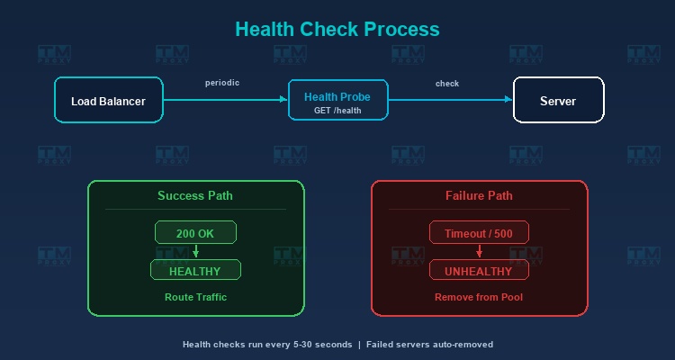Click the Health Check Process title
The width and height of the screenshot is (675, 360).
point(337,30)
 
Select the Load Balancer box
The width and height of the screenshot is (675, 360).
point(109,100)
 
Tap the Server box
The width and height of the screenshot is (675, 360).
point(558,100)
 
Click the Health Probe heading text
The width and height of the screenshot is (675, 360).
point(337,97)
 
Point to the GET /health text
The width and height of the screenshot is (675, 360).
point(337,111)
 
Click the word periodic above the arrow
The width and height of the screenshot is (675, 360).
point(222,83)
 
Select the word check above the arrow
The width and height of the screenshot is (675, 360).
point(447,84)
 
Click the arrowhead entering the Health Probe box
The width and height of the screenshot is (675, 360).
point(283,100)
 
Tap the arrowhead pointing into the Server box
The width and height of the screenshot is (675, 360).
point(508,100)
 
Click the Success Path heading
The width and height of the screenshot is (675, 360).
point(195,195)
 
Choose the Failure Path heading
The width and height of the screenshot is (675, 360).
point(479,195)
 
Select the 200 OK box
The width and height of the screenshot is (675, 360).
point(195,232)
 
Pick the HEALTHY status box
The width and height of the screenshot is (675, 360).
point(195,270)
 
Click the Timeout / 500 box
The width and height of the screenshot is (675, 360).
point(479,232)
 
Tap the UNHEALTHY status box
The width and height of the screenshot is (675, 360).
point(479,270)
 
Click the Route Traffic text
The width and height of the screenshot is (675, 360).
point(196,297)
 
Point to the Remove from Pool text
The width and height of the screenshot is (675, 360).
point(479,297)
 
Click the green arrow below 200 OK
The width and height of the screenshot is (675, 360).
point(196,251)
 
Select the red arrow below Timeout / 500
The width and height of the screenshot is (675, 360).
point(479,251)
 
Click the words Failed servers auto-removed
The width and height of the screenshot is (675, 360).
point(429,345)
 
